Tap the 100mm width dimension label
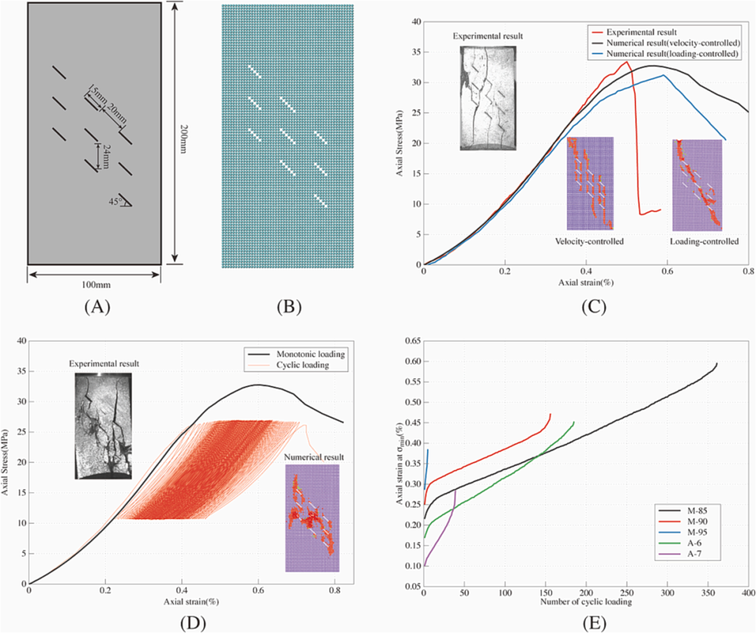coord(94,285)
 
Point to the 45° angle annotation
coord(122,201)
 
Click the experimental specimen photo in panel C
coord(487,98)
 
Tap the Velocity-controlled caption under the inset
coord(589,241)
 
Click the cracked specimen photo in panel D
coord(103,425)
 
